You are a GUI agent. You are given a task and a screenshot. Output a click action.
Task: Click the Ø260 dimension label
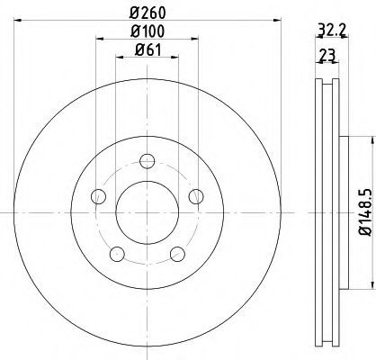(148, 13)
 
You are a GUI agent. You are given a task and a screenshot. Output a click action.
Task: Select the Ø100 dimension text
(148, 31)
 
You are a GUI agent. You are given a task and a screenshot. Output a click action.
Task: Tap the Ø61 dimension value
(148, 49)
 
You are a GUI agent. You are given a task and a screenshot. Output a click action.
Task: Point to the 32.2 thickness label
(332, 30)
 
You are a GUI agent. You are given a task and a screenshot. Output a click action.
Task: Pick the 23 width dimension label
(327, 55)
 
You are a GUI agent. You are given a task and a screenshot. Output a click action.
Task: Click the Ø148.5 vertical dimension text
(366, 212)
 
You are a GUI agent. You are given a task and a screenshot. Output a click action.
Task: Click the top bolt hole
(148, 161)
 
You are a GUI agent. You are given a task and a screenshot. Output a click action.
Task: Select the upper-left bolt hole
(98, 196)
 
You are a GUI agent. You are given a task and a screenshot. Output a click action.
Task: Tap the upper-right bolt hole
(196, 196)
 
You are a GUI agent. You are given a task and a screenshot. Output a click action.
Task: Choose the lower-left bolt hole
(117, 254)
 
